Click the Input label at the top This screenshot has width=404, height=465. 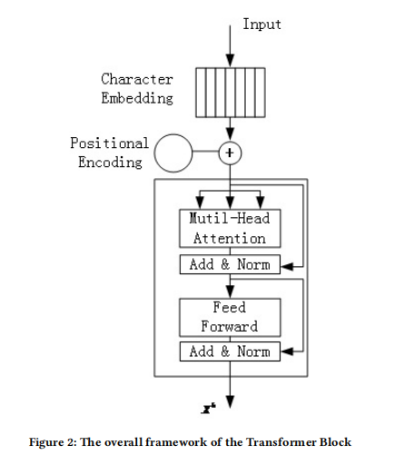(x=261, y=25)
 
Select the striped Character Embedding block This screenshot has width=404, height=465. (x=231, y=93)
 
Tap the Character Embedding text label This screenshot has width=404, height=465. (x=137, y=88)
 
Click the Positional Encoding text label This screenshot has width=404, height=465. (x=109, y=153)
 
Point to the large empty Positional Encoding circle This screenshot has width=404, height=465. (x=174, y=153)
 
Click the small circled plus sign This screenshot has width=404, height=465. (x=231, y=153)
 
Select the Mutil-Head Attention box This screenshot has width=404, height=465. (x=230, y=229)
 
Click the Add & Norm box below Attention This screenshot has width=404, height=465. (x=230, y=266)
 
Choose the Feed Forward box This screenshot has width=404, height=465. (x=230, y=317)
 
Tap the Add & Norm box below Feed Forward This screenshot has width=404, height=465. (x=230, y=351)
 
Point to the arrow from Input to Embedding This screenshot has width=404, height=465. (x=231, y=41)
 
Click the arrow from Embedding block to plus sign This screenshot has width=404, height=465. (x=231, y=130)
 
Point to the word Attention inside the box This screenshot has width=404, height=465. (x=230, y=238)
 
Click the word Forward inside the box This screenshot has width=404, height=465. (x=230, y=326)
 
